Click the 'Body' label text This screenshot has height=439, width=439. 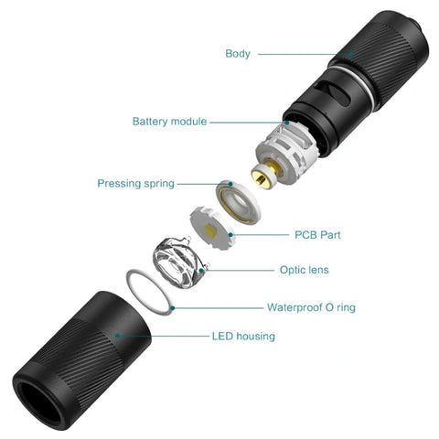point(238,53)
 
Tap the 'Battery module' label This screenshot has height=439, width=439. point(169,121)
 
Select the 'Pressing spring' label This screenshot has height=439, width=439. point(135,184)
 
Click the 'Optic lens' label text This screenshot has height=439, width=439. point(304,270)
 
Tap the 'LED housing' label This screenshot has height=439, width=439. point(243,336)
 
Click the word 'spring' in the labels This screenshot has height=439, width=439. point(157,184)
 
